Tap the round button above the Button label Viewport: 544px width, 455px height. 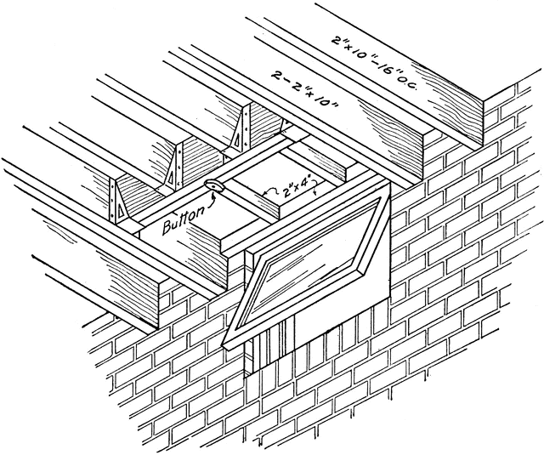click(x=212, y=187)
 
